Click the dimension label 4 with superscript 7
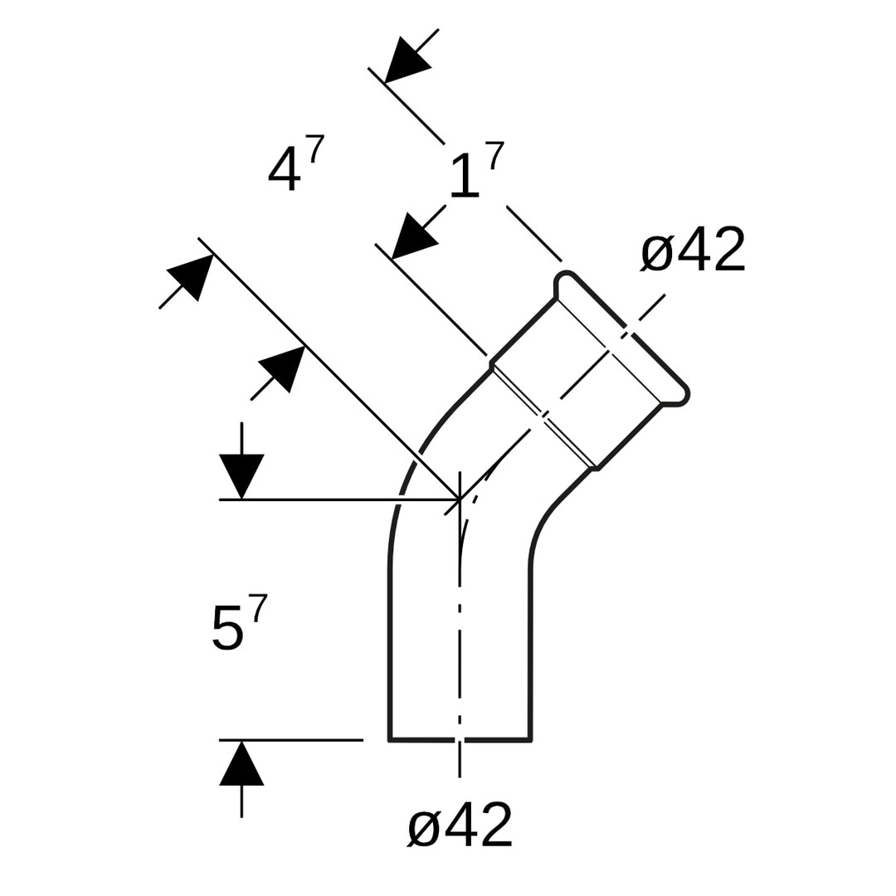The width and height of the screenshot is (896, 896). click(x=295, y=163)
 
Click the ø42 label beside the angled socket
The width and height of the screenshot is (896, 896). click(x=694, y=249)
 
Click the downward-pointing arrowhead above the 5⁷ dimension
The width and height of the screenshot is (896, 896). click(x=241, y=475)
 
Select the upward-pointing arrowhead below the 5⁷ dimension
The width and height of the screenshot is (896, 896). click(x=241, y=763)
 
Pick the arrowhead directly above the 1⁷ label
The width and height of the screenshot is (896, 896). click(x=406, y=61)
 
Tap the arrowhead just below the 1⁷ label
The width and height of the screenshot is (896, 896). click(x=412, y=237)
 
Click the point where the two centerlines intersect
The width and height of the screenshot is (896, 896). click(x=460, y=499)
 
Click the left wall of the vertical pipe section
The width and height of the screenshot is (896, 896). click(x=390, y=655)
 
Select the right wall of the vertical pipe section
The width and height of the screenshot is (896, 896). click(x=530, y=655)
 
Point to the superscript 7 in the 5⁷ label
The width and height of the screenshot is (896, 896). click(x=258, y=608)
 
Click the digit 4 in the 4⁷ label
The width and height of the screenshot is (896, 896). click(x=284, y=168)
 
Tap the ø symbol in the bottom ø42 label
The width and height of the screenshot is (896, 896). click(x=424, y=827)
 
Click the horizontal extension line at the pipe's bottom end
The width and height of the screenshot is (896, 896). click(x=290, y=739)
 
